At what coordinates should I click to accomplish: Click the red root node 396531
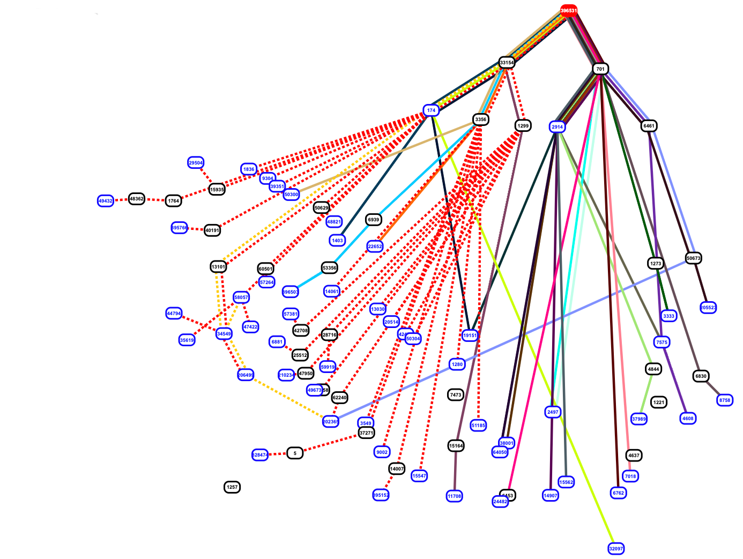tap(569, 10)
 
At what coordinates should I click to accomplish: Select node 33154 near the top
tap(507, 63)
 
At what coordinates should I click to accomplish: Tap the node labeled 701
tap(600, 69)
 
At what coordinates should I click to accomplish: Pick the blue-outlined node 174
tap(431, 110)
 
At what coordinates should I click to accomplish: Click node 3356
tap(481, 120)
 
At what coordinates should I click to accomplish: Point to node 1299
tap(523, 126)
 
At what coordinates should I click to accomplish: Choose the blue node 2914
tap(558, 127)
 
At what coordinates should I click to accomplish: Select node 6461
tap(649, 126)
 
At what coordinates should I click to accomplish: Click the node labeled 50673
tap(693, 258)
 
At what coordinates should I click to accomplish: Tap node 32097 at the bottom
tap(616, 549)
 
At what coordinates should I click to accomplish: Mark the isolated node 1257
tap(232, 487)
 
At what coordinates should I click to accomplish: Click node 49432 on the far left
tap(106, 201)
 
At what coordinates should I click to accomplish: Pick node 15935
tap(217, 190)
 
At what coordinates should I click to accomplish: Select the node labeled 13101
tap(219, 267)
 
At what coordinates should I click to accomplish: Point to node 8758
tap(725, 400)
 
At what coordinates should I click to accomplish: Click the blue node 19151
tap(470, 336)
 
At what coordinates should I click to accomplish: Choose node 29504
tap(196, 163)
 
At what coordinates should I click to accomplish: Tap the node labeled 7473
tap(456, 395)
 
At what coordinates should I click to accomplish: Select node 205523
tap(708, 308)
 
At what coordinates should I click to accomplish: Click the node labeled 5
tap(295, 453)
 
